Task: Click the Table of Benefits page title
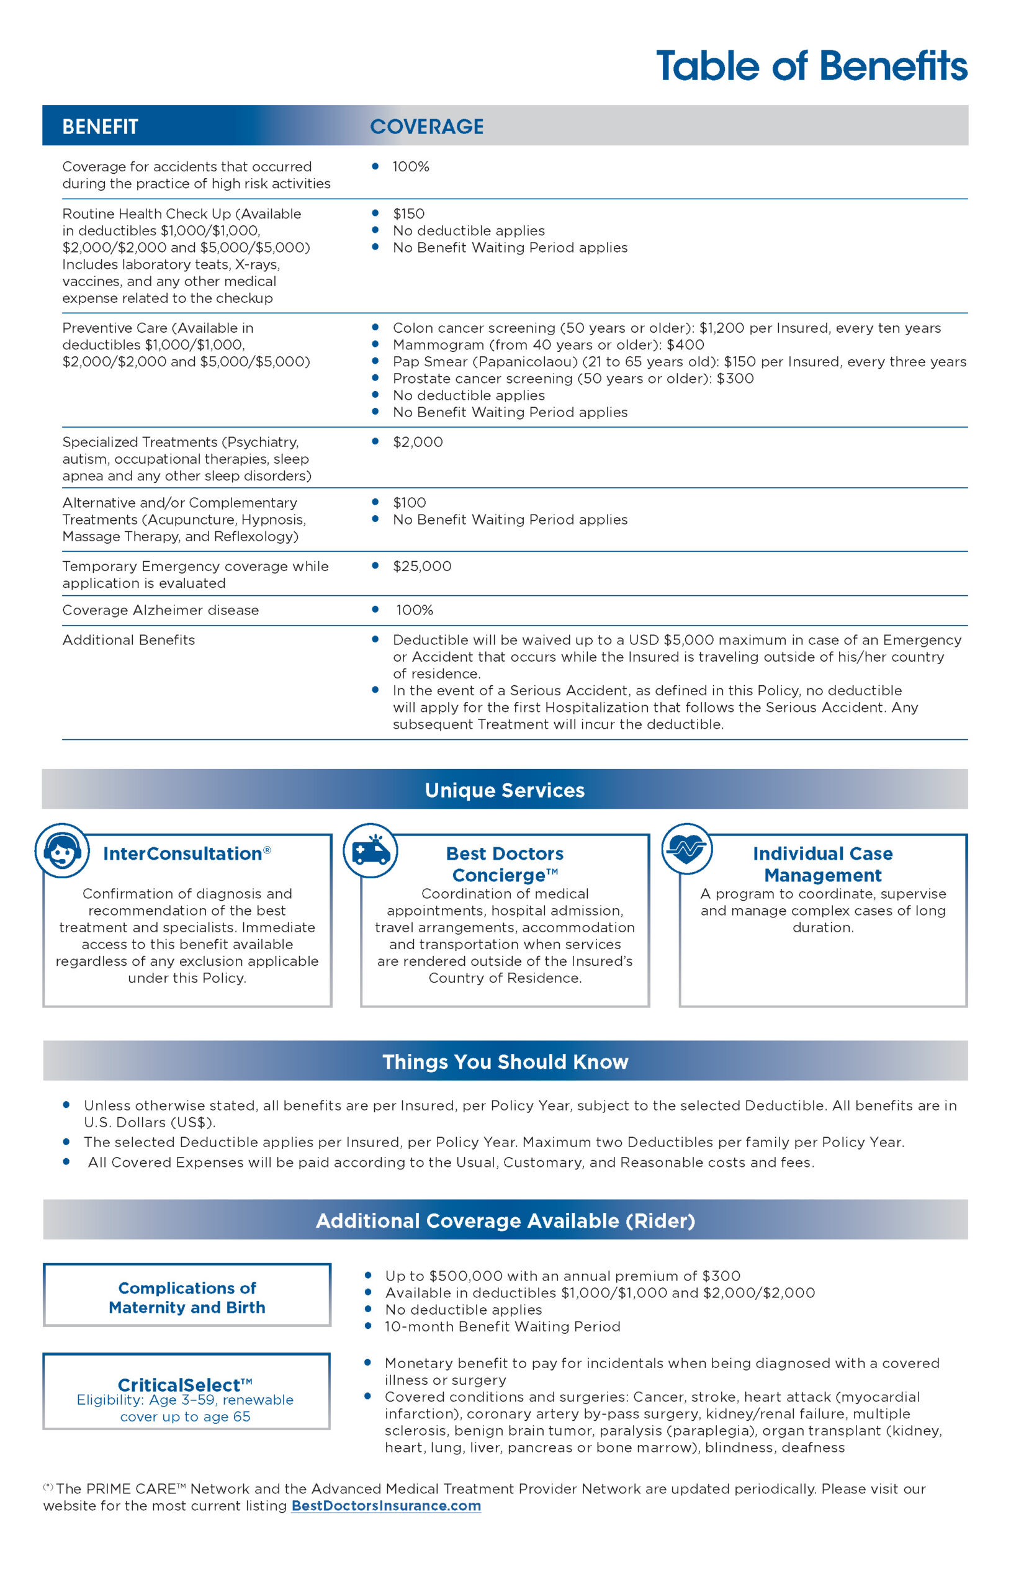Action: [x=811, y=66]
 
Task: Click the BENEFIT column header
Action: [x=101, y=126]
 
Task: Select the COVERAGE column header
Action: [x=426, y=126]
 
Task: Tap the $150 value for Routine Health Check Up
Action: [x=408, y=214]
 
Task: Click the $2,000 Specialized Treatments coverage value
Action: [x=418, y=442]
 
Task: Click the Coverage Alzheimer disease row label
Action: [x=160, y=610]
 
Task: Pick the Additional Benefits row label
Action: [x=128, y=640]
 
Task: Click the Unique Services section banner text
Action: [x=505, y=790]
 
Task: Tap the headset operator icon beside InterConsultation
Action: [x=62, y=850]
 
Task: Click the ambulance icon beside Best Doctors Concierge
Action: [x=371, y=850]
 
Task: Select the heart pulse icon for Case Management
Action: [x=687, y=849]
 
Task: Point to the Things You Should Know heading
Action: [x=505, y=1061]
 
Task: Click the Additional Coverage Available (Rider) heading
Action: [x=505, y=1220]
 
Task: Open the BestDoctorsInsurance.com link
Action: [x=386, y=1505]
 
